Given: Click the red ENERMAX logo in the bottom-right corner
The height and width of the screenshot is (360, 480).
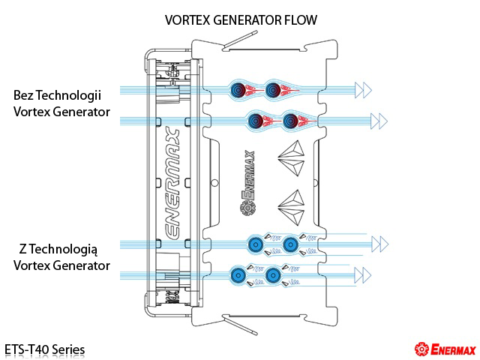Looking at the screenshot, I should point(442,349).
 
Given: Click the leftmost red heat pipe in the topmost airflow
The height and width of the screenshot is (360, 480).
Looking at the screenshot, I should point(239,90).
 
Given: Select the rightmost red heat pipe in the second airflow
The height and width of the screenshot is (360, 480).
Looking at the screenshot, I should point(291,119).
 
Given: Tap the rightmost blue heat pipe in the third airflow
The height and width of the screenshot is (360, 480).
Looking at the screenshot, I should point(291,243).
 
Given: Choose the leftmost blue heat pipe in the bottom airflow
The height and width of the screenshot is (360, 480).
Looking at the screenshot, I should point(239,274).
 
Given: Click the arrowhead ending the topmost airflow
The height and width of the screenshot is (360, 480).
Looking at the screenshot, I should point(363,90).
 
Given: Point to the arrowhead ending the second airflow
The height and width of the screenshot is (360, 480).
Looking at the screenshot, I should point(379,119).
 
